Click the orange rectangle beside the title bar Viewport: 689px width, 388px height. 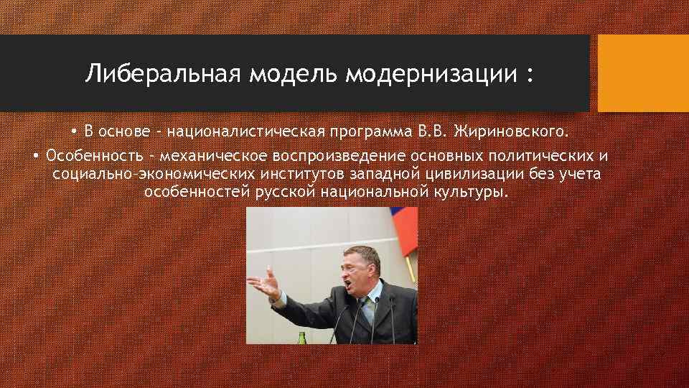coord(643,73)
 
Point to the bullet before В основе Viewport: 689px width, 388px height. coord(74,132)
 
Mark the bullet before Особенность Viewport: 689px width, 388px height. coord(36,155)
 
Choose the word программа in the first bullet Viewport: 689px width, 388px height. coord(381,132)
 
